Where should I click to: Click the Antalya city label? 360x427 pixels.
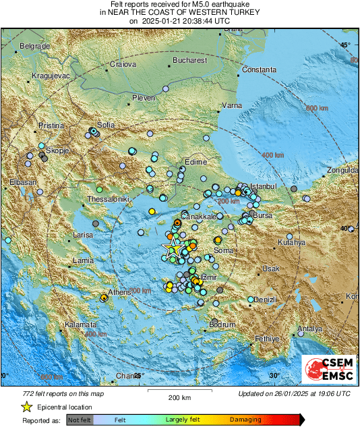tap(310, 329)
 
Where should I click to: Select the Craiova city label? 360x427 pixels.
tap(123, 65)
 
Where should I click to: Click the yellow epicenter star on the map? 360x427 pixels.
tap(173, 248)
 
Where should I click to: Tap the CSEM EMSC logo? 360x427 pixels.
tap(328, 371)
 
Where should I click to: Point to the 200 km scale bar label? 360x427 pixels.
tap(180, 397)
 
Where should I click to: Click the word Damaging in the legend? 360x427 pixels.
tap(245, 420)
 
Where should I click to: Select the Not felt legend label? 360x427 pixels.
tap(80, 420)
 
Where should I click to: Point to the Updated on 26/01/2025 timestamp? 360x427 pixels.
tap(294, 393)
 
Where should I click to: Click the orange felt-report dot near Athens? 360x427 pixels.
tap(104, 297)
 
